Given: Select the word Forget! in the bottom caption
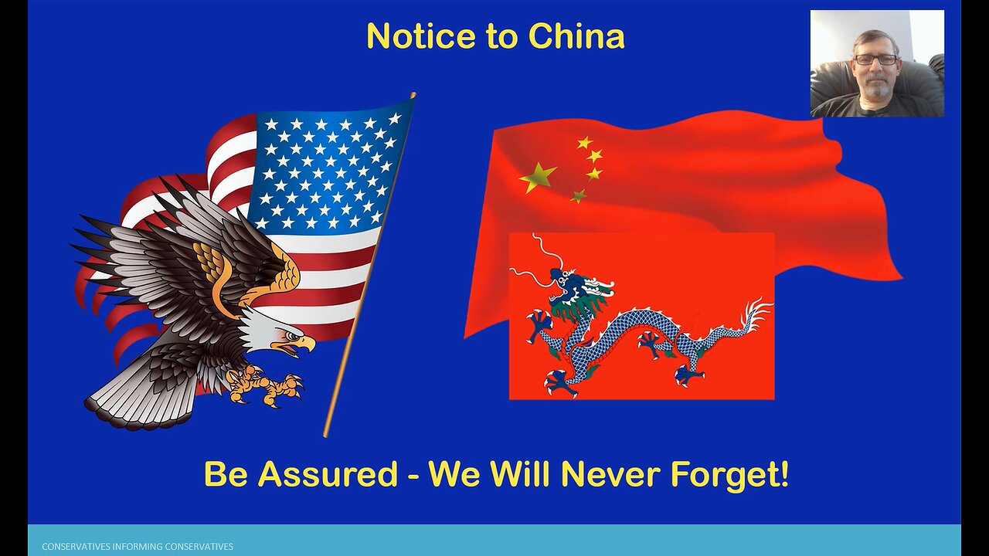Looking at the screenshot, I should (729, 474).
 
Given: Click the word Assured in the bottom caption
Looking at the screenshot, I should (328, 474).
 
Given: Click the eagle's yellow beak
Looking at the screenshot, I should (304, 342).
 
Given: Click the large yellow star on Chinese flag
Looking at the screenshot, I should (538, 177).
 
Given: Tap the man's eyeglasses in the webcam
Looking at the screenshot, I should (875, 59).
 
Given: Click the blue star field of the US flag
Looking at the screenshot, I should (328, 170).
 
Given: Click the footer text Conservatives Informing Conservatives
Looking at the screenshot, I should (138, 547).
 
